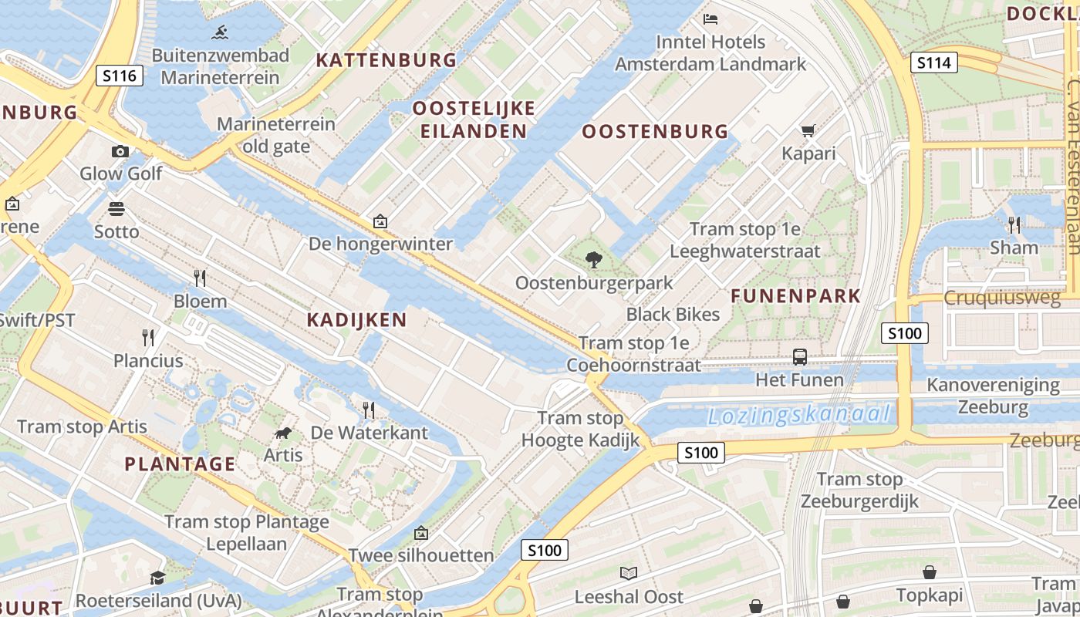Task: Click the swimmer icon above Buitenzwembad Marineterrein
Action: [220, 32]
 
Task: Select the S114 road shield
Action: [933, 62]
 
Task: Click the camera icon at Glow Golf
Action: [120, 151]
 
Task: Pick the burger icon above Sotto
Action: [116, 209]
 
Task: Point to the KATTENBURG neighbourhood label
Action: [386, 60]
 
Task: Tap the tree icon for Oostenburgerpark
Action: [594, 260]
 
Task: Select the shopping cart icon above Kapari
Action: [808, 131]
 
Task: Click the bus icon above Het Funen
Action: [800, 357]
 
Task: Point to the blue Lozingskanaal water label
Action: [798, 416]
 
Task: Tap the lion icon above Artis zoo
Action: [283, 433]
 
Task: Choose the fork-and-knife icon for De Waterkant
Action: [369, 410]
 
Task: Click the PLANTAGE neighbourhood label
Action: [180, 464]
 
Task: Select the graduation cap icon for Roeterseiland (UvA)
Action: [158, 578]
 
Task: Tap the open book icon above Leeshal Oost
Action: [629, 573]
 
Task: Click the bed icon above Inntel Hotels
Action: [710, 19]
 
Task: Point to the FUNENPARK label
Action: [795, 296]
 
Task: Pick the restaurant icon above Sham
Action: [1014, 224]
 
